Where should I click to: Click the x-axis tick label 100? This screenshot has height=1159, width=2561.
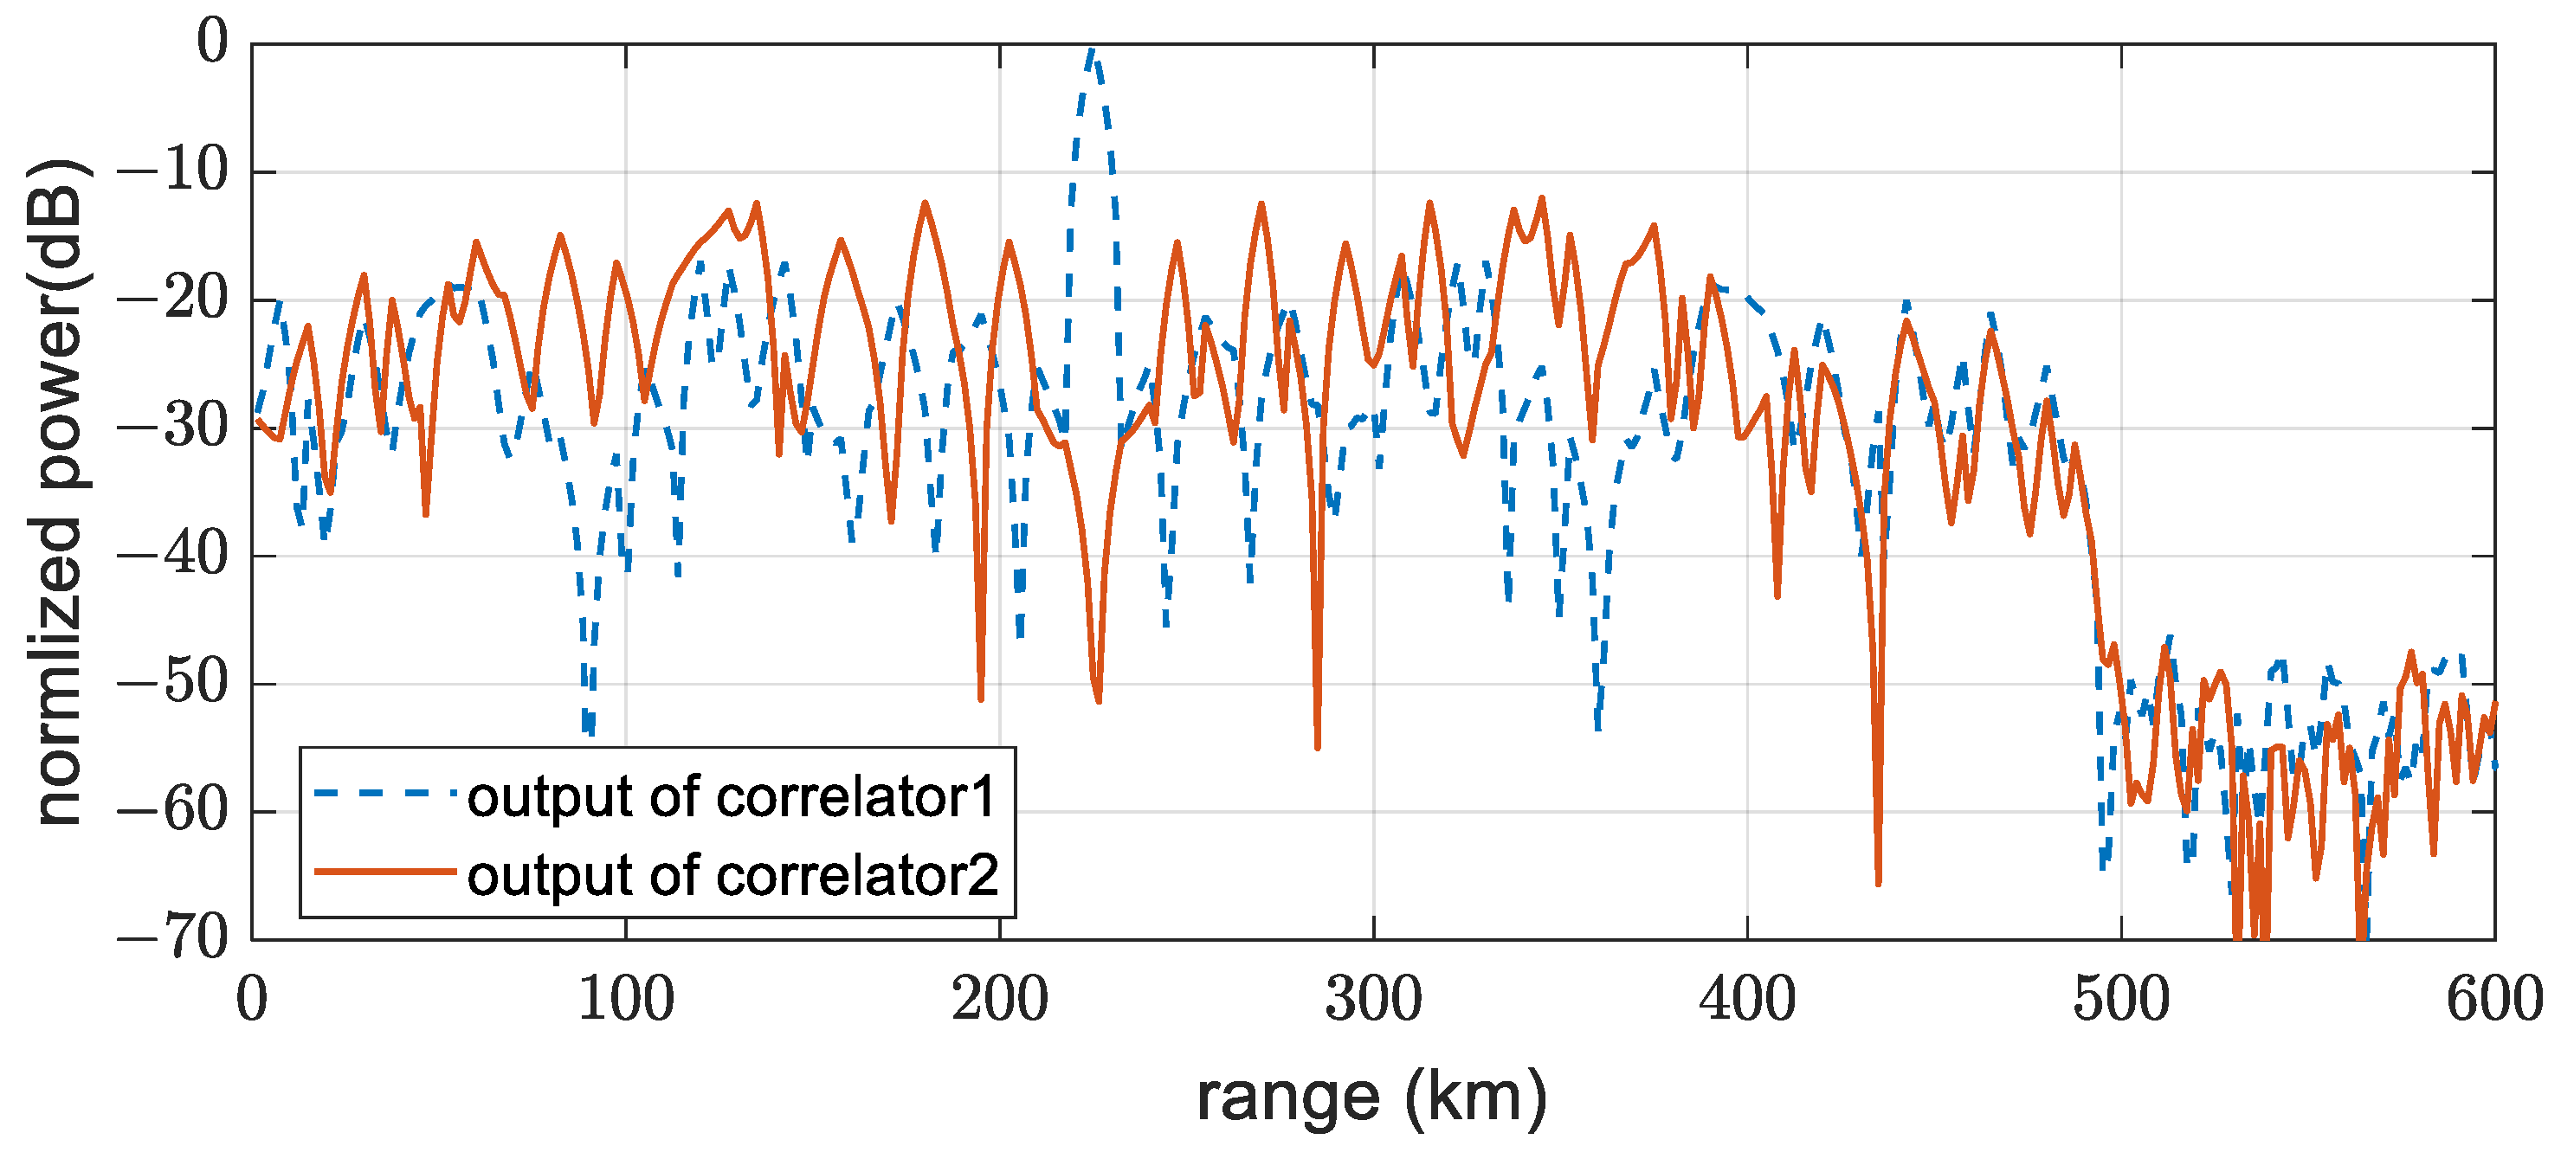pos(625,999)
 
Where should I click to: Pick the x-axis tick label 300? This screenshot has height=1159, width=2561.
pos(1373,999)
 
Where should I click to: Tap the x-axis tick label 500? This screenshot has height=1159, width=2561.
pos(2120,999)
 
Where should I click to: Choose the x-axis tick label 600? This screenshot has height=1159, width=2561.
pos(2493,999)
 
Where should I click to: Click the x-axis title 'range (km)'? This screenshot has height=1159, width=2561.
pos(1372,1097)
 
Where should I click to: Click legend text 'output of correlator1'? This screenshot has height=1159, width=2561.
pos(731,796)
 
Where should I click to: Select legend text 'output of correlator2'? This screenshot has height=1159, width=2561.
pos(732,875)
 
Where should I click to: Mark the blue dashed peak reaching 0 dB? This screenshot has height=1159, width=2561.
pos(1092,49)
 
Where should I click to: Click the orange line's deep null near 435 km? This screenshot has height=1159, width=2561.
pos(1878,879)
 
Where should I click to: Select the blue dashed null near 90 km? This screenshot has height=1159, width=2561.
pos(589,731)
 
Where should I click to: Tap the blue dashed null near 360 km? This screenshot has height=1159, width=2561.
pos(1597,725)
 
